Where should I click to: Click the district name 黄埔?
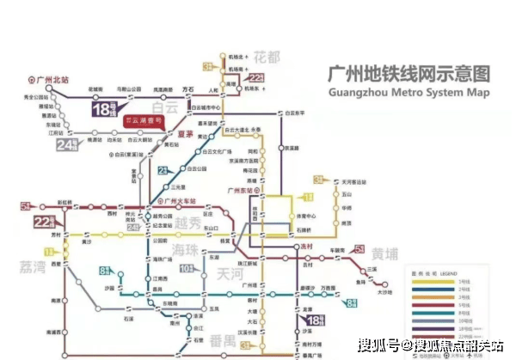[385, 253]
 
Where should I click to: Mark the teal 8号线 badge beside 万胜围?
[352, 302]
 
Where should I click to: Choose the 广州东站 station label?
[236, 190]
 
